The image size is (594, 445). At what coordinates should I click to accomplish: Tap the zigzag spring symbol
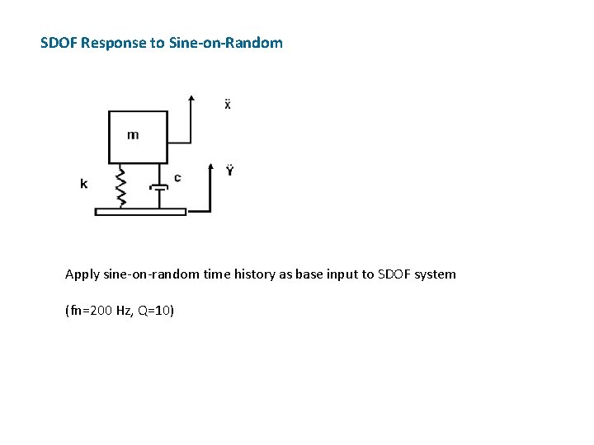(x=120, y=187)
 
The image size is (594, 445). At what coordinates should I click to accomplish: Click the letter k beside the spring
(x=84, y=184)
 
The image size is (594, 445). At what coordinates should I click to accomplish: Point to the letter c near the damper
(x=177, y=177)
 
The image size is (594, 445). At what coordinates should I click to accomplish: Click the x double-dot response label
(x=228, y=105)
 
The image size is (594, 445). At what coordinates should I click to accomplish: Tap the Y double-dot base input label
(x=229, y=171)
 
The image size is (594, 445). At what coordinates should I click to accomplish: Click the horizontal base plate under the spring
(x=140, y=212)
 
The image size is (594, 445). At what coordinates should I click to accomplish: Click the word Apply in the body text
(x=82, y=274)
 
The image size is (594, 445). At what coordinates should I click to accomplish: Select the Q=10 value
(x=153, y=311)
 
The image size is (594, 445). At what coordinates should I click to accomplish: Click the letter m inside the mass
(x=133, y=134)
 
